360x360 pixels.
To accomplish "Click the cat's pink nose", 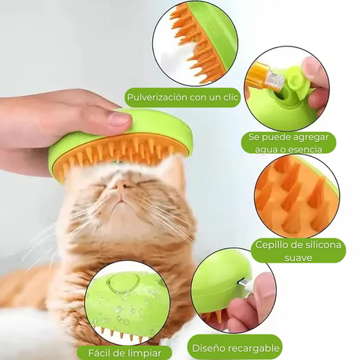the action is pyautogui.click(x=121, y=185).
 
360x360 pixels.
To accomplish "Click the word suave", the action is pyautogui.click(x=298, y=257).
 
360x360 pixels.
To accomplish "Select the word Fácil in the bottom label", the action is pyautogui.click(x=99, y=353).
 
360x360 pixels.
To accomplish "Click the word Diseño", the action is pyautogui.click(x=207, y=348).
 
